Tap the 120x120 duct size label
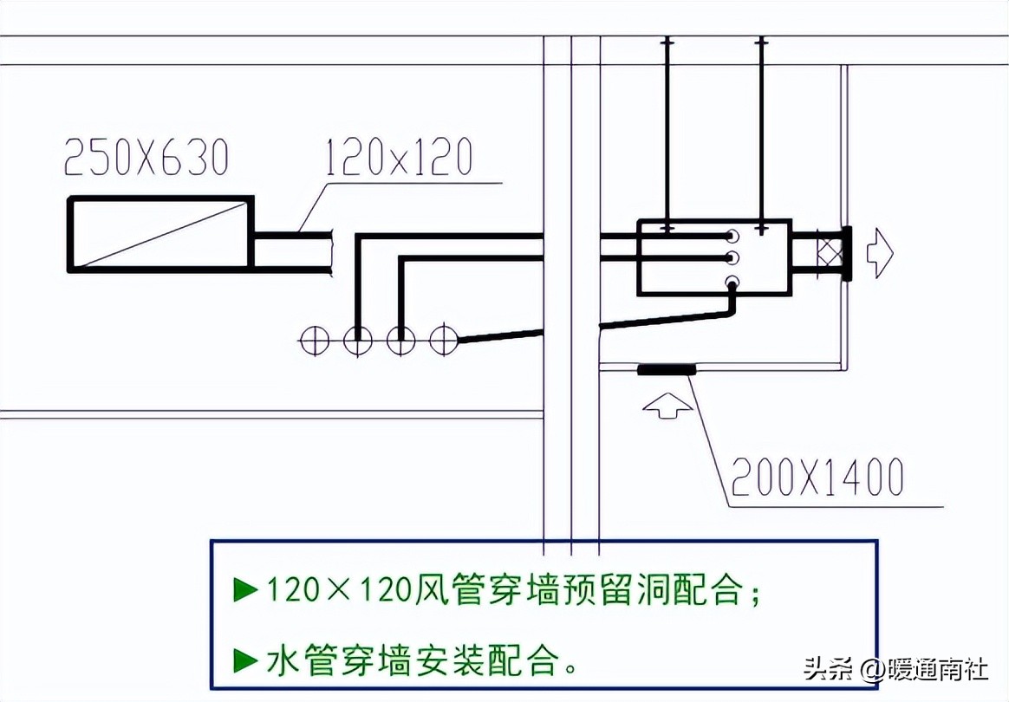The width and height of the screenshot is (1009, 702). (x=399, y=159)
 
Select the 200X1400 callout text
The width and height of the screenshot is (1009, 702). (x=817, y=477)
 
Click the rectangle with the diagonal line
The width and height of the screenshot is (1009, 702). (x=160, y=234)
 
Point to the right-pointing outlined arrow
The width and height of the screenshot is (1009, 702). (x=880, y=253)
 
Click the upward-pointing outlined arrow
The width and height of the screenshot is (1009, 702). (x=666, y=405)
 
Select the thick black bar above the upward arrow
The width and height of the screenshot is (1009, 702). (x=667, y=371)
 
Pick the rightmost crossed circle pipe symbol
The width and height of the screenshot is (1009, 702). (x=445, y=341)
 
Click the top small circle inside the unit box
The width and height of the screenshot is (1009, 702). (x=732, y=236)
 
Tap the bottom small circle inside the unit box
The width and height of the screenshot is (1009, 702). (x=732, y=282)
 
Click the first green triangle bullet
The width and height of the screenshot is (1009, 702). (x=246, y=590)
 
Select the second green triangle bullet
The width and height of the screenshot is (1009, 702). (x=246, y=661)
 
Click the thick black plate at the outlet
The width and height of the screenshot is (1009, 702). (x=846, y=253)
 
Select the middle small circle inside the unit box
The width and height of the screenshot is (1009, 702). (x=732, y=257)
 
